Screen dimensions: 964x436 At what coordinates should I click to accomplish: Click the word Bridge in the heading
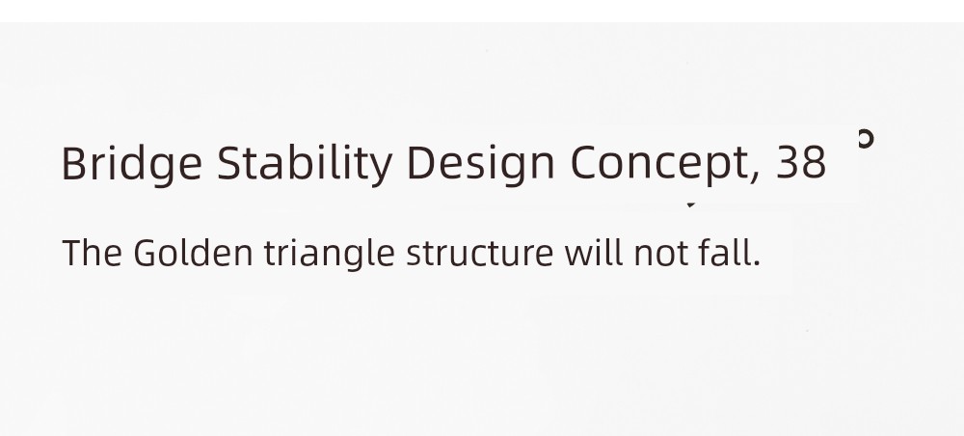pos(131,165)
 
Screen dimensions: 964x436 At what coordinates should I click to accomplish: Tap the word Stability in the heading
pos(305,164)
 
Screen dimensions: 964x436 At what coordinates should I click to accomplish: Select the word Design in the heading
pos(481,165)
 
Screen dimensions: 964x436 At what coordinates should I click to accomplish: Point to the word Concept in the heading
pos(659,165)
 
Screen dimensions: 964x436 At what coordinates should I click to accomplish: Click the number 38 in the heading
pos(801,163)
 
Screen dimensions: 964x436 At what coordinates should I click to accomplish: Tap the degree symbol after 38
pos(866,139)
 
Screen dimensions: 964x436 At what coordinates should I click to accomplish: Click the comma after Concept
pos(755,177)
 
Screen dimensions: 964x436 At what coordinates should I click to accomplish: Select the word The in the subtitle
pos(93,253)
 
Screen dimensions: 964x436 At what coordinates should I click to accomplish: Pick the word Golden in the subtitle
pos(193,253)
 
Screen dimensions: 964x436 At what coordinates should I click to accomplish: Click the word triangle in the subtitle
pos(330,254)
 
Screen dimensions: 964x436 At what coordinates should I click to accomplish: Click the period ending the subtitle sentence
pos(757,263)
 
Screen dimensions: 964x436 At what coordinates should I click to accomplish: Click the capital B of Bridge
pos(74,163)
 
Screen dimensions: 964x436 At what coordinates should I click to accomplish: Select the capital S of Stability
pos(229,163)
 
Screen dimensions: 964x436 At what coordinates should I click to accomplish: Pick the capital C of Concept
pos(585,163)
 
